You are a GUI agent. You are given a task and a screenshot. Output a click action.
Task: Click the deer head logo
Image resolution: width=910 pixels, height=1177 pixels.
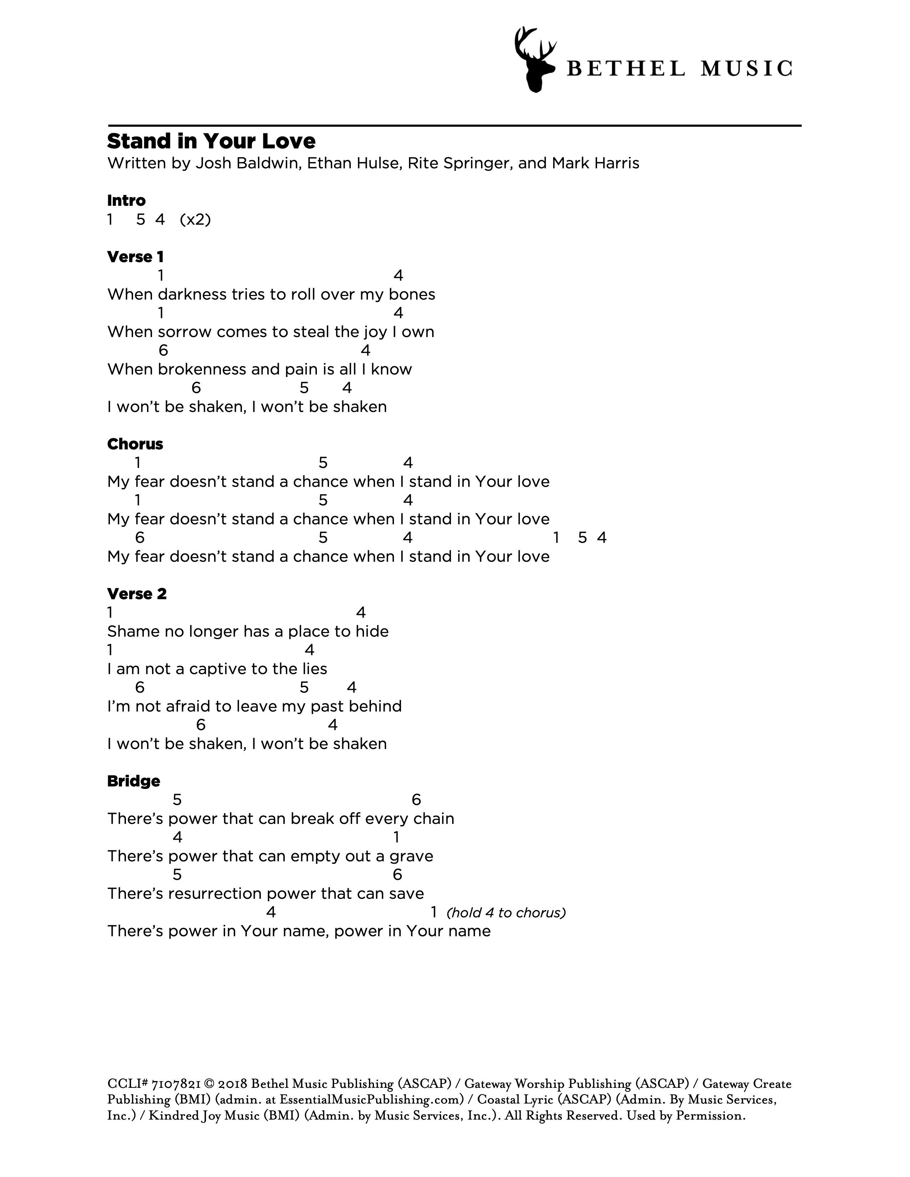(x=534, y=59)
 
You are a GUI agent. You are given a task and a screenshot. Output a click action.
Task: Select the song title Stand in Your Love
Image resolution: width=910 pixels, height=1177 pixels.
(x=211, y=141)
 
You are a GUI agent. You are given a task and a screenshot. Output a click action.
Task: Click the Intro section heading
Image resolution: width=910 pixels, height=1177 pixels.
(x=126, y=200)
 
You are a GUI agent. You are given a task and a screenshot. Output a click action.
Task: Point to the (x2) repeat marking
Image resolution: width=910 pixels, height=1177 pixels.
(x=195, y=219)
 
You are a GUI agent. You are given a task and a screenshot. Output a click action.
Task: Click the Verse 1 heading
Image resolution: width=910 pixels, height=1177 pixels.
(x=135, y=257)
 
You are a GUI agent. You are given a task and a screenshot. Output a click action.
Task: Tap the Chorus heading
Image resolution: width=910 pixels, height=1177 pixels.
(x=135, y=444)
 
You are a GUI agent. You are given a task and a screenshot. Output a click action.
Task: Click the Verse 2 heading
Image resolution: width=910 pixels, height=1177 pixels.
(x=137, y=594)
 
